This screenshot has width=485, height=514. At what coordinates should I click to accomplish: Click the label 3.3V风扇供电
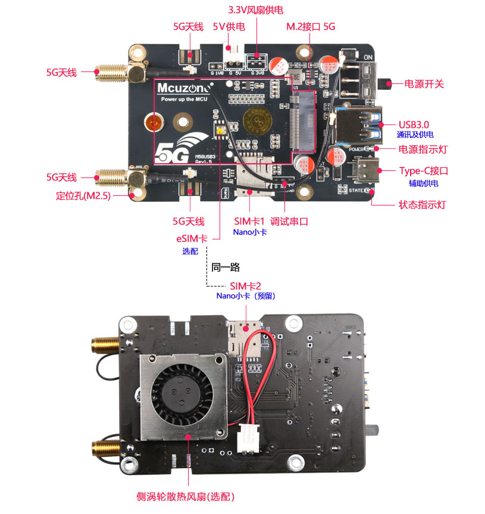tap(259, 11)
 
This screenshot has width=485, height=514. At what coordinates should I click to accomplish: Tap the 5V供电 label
tap(229, 27)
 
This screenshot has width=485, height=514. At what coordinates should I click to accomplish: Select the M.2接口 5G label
tap(311, 27)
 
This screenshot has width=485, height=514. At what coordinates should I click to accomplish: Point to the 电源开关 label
tap(424, 84)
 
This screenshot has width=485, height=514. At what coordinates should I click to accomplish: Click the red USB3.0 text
tap(414, 124)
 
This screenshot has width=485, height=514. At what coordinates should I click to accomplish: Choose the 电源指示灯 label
tap(423, 149)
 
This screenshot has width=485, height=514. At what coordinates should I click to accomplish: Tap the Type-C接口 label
tap(423, 171)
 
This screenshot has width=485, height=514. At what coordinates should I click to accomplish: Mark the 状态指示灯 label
tap(422, 205)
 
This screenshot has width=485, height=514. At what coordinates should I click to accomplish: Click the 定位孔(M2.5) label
tap(83, 195)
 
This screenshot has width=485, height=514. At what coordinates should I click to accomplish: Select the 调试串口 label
tap(289, 221)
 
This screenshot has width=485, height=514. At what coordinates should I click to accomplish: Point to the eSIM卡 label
tap(192, 238)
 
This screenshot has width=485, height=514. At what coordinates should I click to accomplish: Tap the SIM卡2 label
tap(245, 285)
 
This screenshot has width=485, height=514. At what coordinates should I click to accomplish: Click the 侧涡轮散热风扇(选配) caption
tap(186, 496)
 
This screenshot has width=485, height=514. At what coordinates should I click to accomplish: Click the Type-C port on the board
tap(366, 172)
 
